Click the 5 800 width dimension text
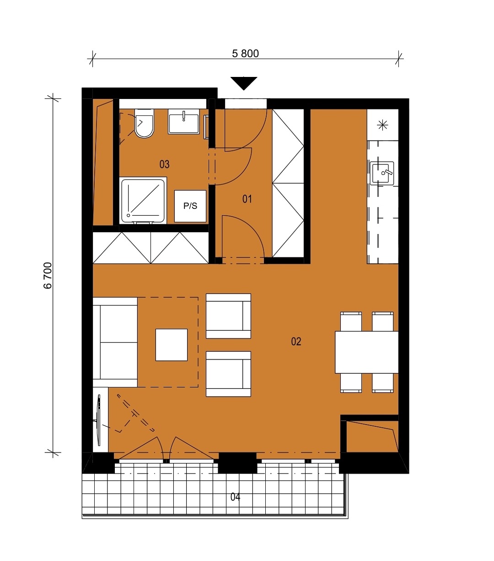(x=245, y=54)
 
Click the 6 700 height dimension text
(x=48, y=276)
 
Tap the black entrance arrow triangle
(x=244, y=83)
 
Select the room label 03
(x=164, y=164)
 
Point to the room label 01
(x=247, y=199)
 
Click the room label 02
(x=296, y=342)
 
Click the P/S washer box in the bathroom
(x=190, y=206)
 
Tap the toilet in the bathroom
(x=144, y=123)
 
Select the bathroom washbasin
(x=184, y=121)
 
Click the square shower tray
(x=143, y=200)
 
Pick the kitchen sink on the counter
(x=382, y=174)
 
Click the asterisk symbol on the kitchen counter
(x=382, y=125)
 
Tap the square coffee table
(x=172, y=345)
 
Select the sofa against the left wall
(x=115, y=342)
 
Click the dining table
(x=366, y=352)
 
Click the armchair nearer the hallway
(x=228, y=316)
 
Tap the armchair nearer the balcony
(x=228, y=374)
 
